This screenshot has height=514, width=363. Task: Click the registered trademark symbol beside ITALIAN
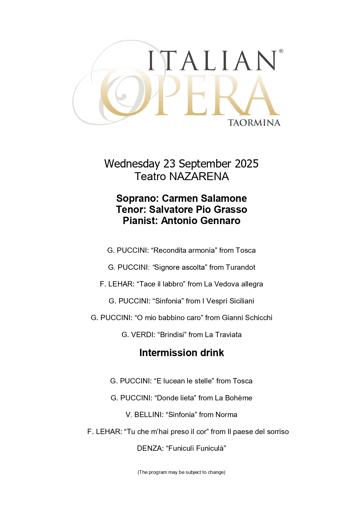click(281, 51)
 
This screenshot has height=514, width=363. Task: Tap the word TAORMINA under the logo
click(254, 123)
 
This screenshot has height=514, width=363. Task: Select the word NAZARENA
click(199, 177)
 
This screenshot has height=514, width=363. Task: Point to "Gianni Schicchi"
click(247, 318)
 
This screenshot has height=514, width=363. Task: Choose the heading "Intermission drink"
click(181, 353)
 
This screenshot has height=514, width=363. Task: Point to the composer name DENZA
click(150, 448)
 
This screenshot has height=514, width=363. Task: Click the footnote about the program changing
click(181, 472)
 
